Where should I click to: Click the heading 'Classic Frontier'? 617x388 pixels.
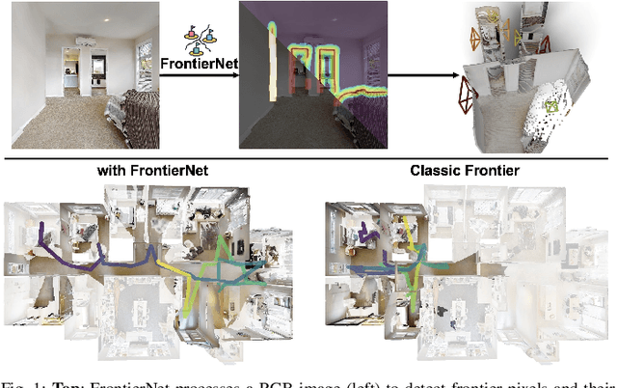click(x=465, y=171)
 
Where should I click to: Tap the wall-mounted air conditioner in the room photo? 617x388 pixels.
click(x=83, y=41)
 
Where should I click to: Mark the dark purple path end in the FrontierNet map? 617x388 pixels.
click(x=40, y=231)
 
